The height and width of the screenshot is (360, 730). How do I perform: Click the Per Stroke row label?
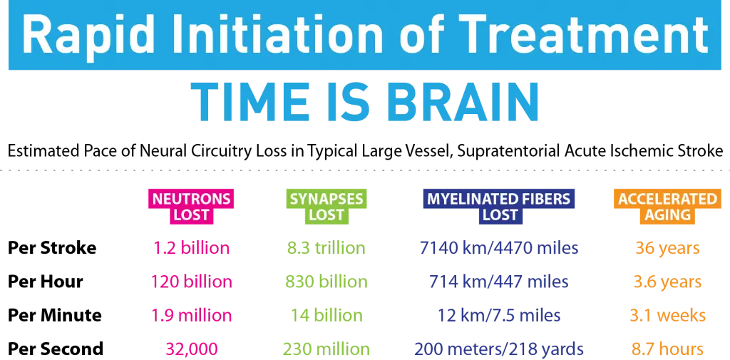[52, 248]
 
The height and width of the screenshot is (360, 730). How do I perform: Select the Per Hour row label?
[46, 282]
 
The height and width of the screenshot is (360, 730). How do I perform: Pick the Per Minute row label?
[55, 315]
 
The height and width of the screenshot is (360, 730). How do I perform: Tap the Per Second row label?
[56, 349]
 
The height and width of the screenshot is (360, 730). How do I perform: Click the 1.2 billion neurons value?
[191, 248]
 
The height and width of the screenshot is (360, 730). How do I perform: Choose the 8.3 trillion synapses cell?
[326, 248]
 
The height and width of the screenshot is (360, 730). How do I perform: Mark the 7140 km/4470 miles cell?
[499, 248]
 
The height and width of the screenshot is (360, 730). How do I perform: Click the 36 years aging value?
[667, 248]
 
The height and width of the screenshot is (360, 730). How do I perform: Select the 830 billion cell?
[326, 282]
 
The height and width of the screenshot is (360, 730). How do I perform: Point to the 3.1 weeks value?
[667, 315]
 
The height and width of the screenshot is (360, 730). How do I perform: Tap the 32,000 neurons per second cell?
[191, 349]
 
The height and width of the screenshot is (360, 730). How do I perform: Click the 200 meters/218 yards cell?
[499, 349]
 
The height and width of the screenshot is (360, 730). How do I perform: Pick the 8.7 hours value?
[667, 349]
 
